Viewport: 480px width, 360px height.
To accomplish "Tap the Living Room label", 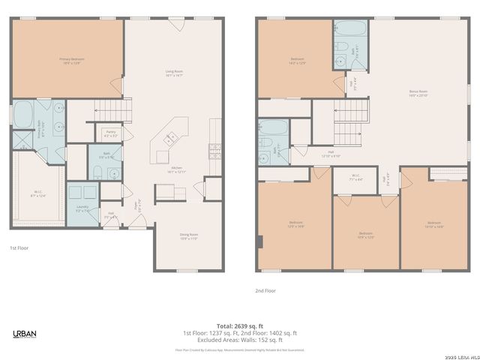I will coord(174,73).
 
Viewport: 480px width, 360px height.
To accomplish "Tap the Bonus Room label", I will coord(418,94).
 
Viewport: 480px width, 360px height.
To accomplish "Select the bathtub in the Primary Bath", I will coord(22,115).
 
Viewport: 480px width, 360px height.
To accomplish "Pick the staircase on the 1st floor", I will coord(112,110).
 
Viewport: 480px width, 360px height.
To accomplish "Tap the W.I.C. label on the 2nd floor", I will coord(355,178).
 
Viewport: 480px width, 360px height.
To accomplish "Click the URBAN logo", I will coord(25,334).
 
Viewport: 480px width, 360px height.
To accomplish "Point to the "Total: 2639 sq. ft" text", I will coord(239,326).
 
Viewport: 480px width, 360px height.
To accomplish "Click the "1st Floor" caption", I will coord(19,247).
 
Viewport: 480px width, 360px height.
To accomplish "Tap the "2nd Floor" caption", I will coord(265,290).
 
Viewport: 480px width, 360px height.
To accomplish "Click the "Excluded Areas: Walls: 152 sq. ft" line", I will coord(239,340).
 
